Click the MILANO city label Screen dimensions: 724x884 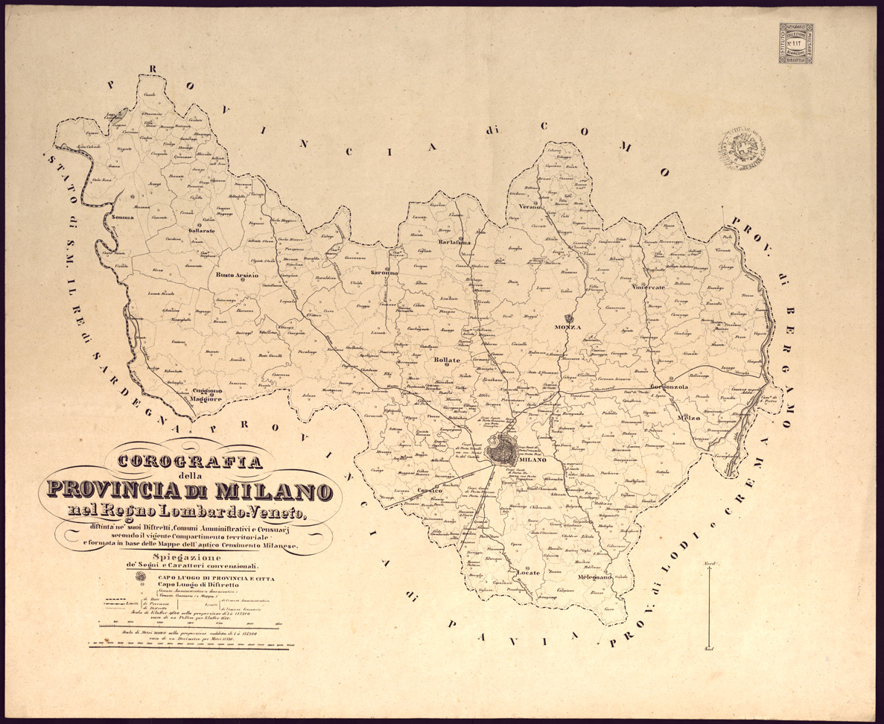coord(535,460)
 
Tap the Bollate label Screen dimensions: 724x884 coord(448,360)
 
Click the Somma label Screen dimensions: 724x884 coord(122,217)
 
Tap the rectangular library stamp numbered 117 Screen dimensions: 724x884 coord(795,42)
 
